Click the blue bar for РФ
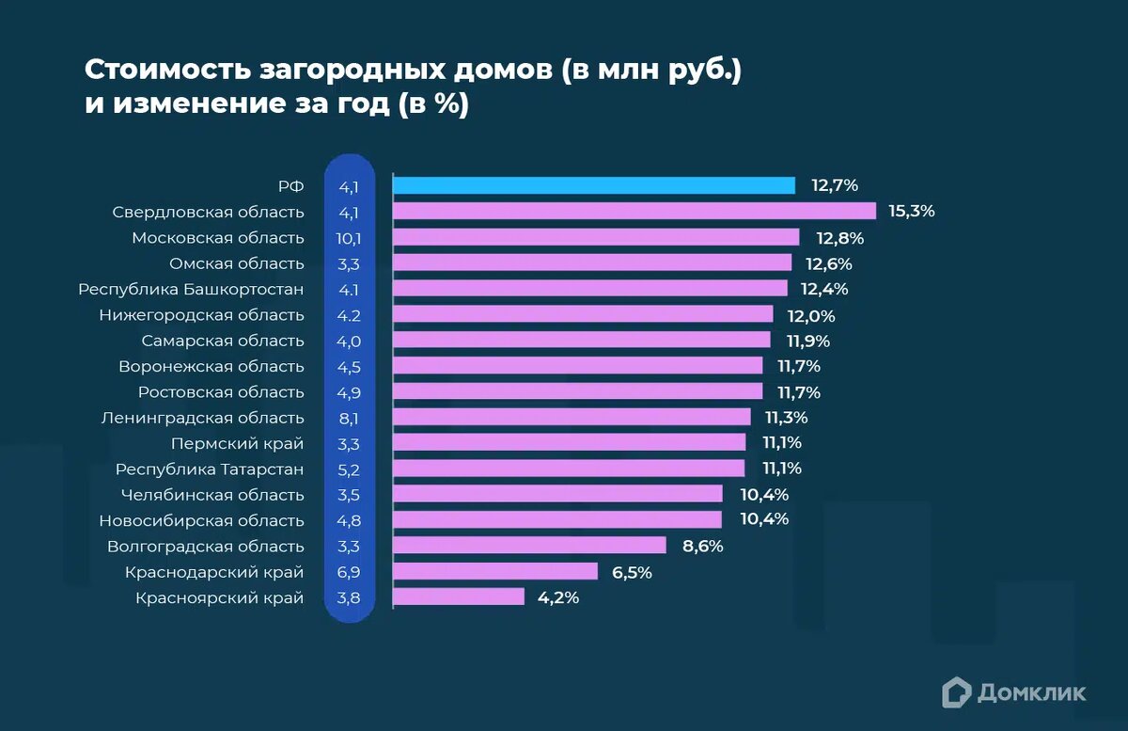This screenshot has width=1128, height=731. pyautogui.click(x=594, y=185)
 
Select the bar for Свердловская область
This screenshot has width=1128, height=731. pyautogui.click(x=634, y=211)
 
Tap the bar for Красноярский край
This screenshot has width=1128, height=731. pyautogui.click(x=459, y=596)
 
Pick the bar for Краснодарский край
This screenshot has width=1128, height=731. pyautogui.click(x=495, y=571)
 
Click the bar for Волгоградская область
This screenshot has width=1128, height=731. pyautogui.click(x=529, y=545)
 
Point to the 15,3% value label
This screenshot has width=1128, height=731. pyautogui.click(x=911, y=211)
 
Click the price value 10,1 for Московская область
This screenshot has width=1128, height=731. pyautogui.click(x=349, y=237)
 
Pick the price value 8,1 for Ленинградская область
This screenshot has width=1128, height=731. pyautogui.click(x=349, y=417)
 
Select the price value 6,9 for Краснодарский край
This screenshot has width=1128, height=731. pyautogui.click(x=349, y=571)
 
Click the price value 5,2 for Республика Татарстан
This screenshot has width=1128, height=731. pyautogui.click(x=349, y=469)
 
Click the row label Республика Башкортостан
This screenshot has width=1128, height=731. pyautogui.click(x=192, y=289)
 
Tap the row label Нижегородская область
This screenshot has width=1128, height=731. pyautogui.click(x=201, y=314)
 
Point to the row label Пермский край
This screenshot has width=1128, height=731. pyautogui.click(x=238, y=442)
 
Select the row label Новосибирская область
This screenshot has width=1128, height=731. pyautogui.click(x=201, y=519)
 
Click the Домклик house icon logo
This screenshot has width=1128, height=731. pyautogui.click(x=956, y=691)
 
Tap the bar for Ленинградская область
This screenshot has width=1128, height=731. pyautogui.click(x=572, y=417)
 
